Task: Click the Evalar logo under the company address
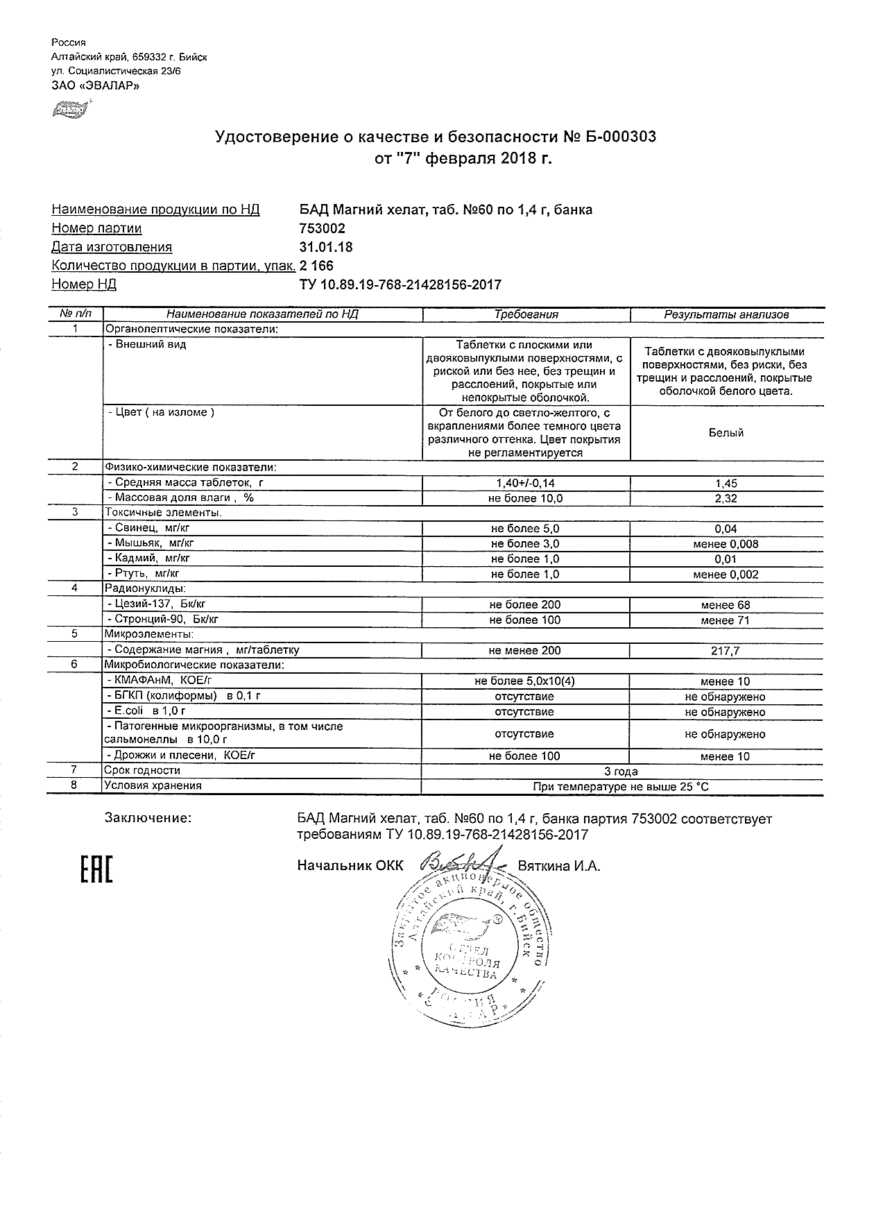[69, 108]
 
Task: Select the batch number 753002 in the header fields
[322, 228]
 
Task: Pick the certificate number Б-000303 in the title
[617, 137]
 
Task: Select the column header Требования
[526, 314]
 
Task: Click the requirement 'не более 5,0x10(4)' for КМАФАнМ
[525, 681]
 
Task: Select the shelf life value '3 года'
[621, 771]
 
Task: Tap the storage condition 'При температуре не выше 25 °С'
[621, 787]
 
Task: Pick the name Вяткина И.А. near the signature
[559, 866]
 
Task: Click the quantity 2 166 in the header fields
[316, 266]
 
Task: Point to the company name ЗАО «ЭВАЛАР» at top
[96, 86]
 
